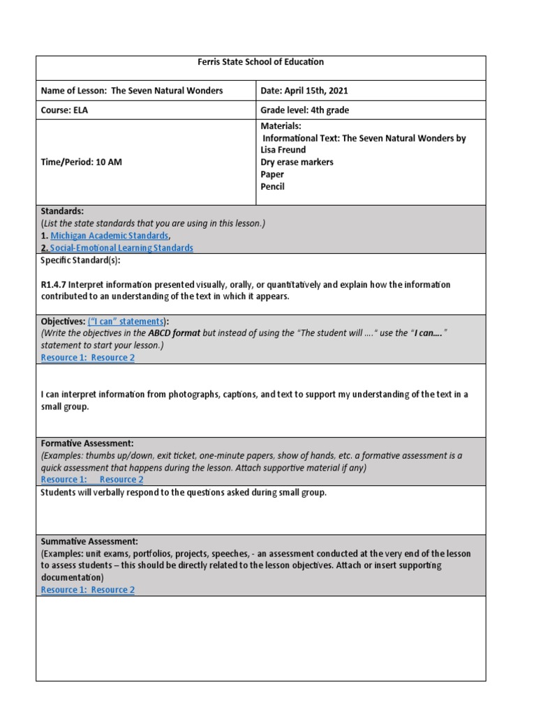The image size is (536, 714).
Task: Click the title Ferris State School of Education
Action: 262,62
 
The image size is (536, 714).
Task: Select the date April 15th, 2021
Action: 320,91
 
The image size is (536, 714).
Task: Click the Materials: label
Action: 281,126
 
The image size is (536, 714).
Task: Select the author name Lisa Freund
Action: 283,150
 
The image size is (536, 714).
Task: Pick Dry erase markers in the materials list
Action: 297,162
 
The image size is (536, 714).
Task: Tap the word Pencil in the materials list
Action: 272,187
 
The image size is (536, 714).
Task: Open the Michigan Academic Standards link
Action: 110,236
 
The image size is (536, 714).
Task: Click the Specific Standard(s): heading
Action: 80,260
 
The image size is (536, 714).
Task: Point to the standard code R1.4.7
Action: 54,284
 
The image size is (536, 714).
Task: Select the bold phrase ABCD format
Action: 174,333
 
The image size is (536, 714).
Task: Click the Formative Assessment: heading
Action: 87,443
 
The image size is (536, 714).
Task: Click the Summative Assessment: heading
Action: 89,541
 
